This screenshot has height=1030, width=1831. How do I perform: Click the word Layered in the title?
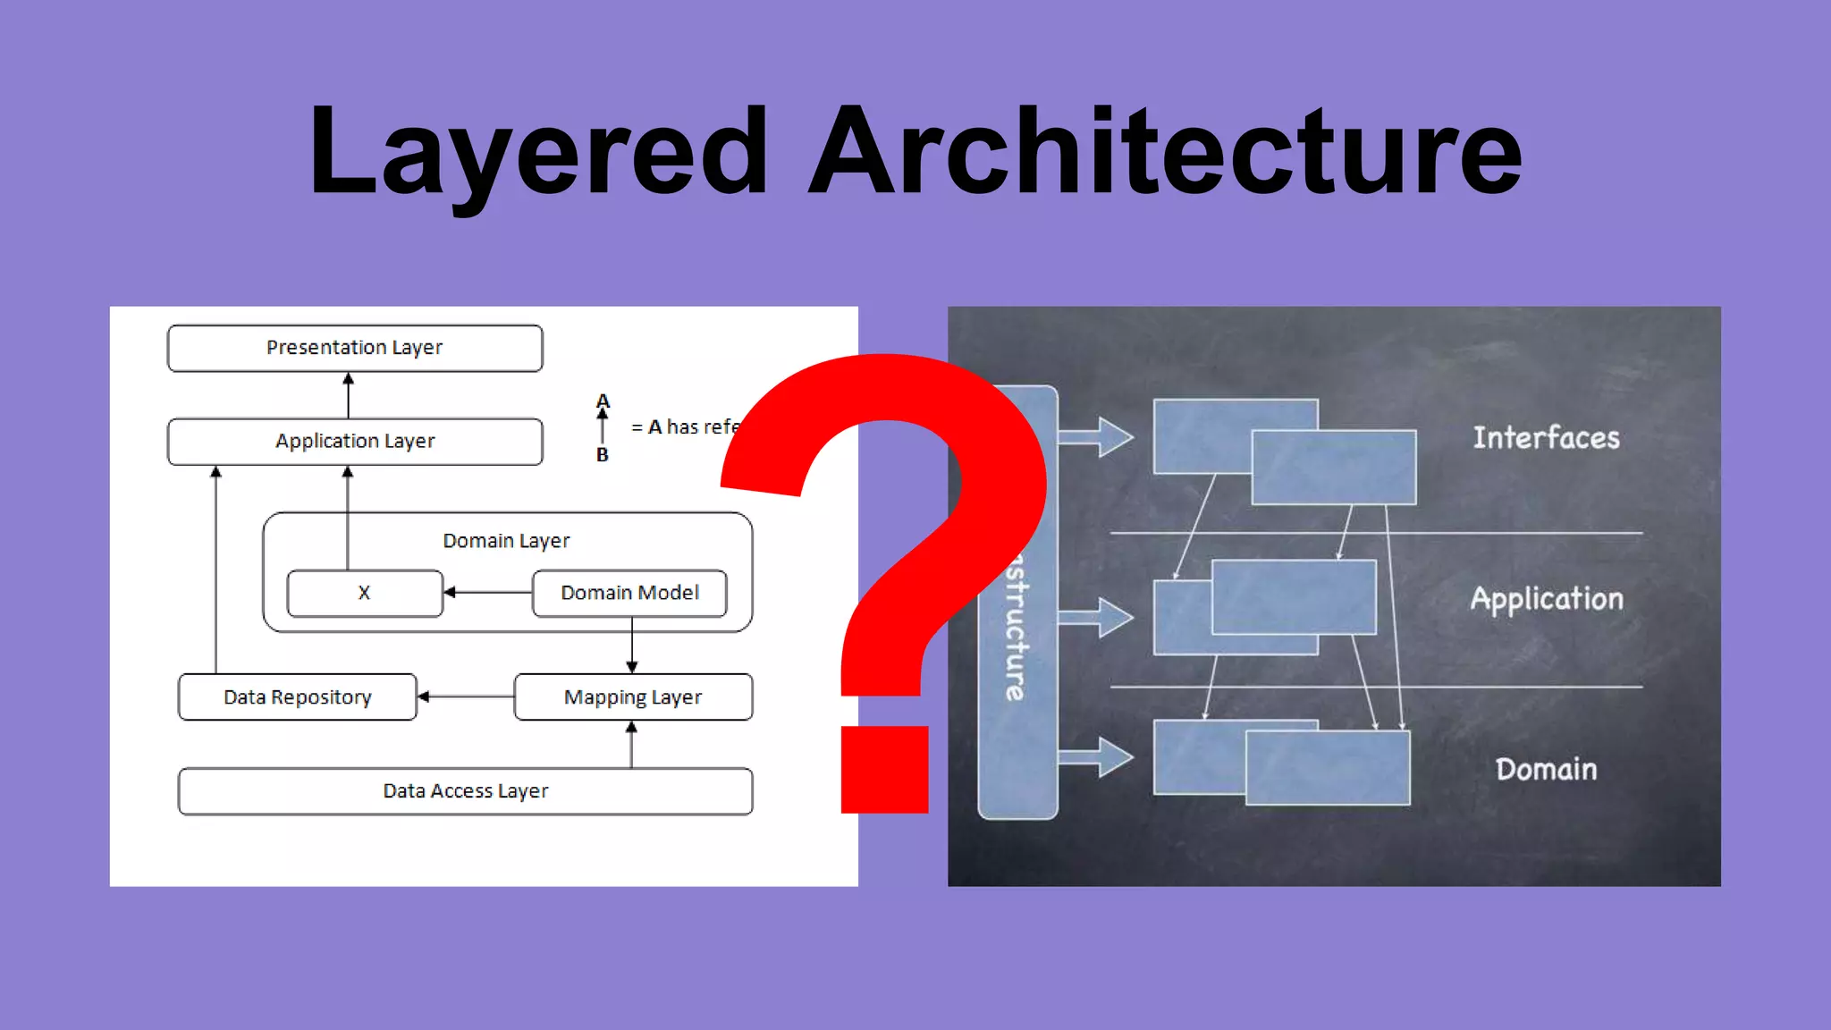pyautogui.click(x=536, y=152)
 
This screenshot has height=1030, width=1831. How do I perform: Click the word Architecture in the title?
pyautogui.click(x=1164, y=152)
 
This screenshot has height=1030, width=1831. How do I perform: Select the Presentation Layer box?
pyautogui.click(x=355, y=348)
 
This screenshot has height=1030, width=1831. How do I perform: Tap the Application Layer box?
pyautogui.click(x=355, y=442)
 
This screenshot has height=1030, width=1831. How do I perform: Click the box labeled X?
pyautogui.click(x=365, y=593)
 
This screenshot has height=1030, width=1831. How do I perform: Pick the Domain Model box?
pyautogui.click(x=629, y=593)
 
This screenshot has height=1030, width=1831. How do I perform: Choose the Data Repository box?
pyautogui.click(x=297, y=697)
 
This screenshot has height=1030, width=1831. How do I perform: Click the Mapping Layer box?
pyautogui.click(x=633, y=697)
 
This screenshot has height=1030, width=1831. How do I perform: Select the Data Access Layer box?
pyautogui.click(x=465, y=791)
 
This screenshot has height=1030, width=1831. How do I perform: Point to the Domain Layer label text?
pyautogui.click(x=506, y=541)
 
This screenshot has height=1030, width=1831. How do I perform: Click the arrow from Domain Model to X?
pyautogui.click(x=488, y=592)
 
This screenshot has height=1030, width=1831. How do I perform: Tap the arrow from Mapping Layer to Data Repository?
pyautogui.click(x=466, y=697)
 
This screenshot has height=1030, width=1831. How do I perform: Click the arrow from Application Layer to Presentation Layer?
pyautogui.click(x=349, y=395)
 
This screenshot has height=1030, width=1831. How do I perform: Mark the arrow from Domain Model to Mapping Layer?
pyautogui.click(x=632, y=646)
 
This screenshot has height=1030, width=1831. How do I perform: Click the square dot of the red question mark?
pyautogui.click(x=884, y=770)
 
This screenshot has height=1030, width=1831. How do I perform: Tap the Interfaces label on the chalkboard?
pyautogui.click(x=1546, y=438)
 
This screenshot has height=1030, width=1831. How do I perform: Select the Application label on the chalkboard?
pyautogui.click(x=1547, y=599)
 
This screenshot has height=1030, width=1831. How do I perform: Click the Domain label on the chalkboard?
pyautogui.click(x=1546, y=770)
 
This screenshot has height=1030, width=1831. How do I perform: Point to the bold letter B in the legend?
pyautogui.click(x=603, y=455)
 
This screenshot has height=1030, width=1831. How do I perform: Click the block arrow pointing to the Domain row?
pyautogui.click(x=1097, y=757)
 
